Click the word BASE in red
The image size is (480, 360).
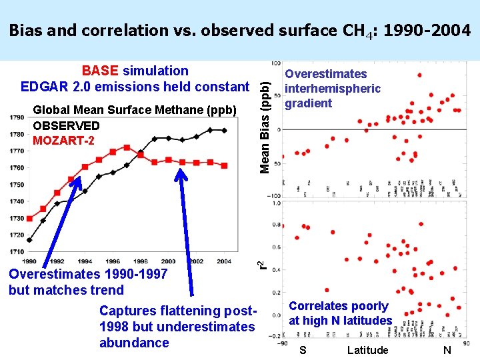(99, 71)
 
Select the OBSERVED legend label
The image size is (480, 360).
(66, 125)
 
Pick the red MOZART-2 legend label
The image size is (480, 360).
(63, 140)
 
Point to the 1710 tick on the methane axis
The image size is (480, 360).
(17, 251)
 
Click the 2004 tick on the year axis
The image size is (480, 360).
(225, 261)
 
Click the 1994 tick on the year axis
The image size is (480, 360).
(85, 261)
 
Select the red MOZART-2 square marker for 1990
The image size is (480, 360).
(29, 218)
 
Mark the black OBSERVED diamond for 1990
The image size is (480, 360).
(29, 240)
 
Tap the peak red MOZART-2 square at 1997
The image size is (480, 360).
(127, 147)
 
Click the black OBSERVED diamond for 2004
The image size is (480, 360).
(225, 131)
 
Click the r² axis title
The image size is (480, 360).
(264, 264)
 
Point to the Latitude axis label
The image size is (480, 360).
(367, 350)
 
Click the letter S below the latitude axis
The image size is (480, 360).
(303, 350)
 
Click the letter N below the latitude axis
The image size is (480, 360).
(447, 350)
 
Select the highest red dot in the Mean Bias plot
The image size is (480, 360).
(419, 75)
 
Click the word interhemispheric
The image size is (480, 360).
(333, 89)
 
